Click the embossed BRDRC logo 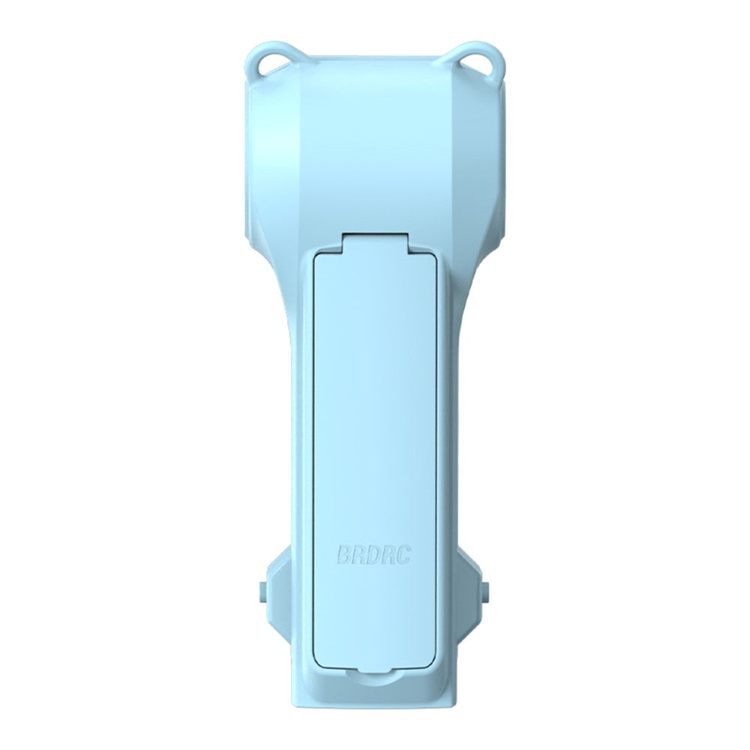pos(374,554)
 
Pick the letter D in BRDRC pos(374,554)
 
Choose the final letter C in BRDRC pos(404,554)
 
